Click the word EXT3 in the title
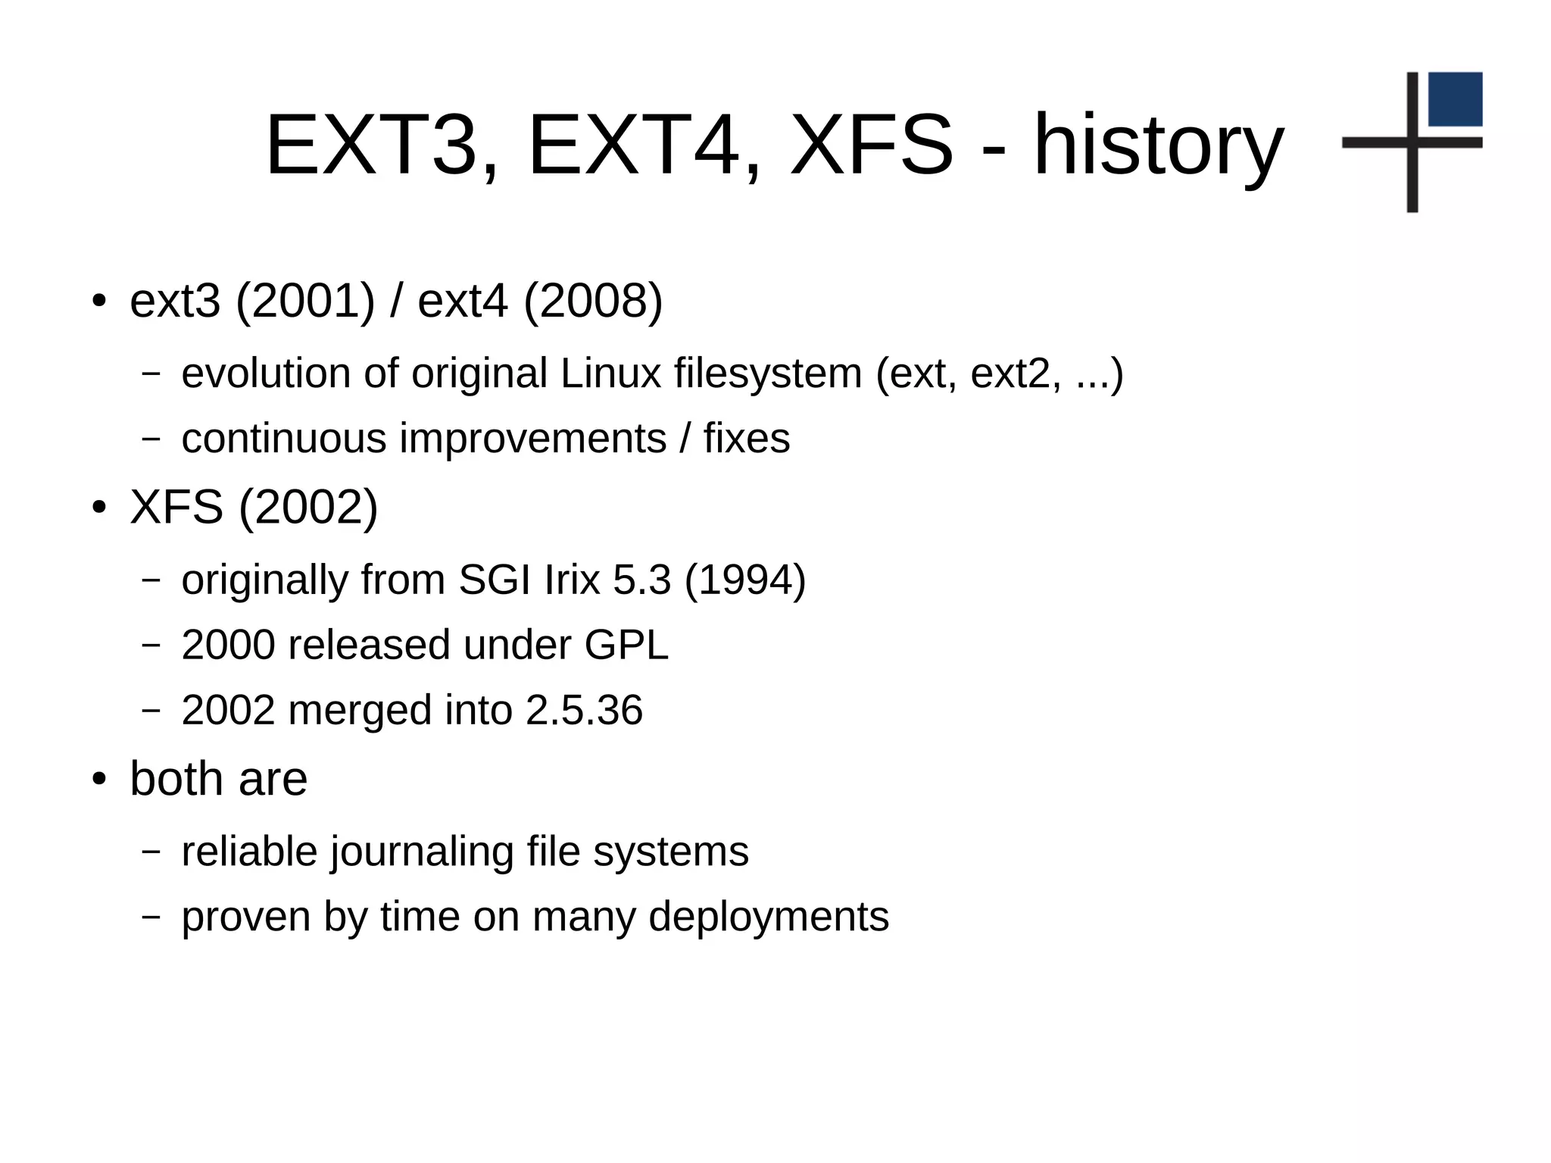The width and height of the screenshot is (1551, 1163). pos(372,145)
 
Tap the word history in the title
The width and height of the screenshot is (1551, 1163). pos(1159,145)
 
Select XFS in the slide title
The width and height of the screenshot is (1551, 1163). pos(871,145)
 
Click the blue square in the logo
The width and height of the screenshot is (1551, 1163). pos(1455,99)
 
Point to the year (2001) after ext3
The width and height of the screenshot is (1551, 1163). pos(305,301)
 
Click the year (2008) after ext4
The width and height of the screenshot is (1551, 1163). pos(593,301)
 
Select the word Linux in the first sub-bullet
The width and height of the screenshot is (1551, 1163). pos(610,374)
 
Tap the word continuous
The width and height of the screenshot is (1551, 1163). pos(284,439)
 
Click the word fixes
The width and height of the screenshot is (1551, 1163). pos(746,439)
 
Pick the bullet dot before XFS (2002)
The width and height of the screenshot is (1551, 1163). pos(98,508)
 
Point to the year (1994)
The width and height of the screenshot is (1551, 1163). pos(745,580)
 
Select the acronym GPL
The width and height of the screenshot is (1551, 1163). pos(626,646)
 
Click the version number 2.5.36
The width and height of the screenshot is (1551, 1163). pos(584,711)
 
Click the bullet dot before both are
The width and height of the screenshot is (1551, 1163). pos(98,780)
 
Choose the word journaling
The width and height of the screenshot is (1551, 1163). pos(423,852)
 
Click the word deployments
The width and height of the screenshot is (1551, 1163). pos(769,917)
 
